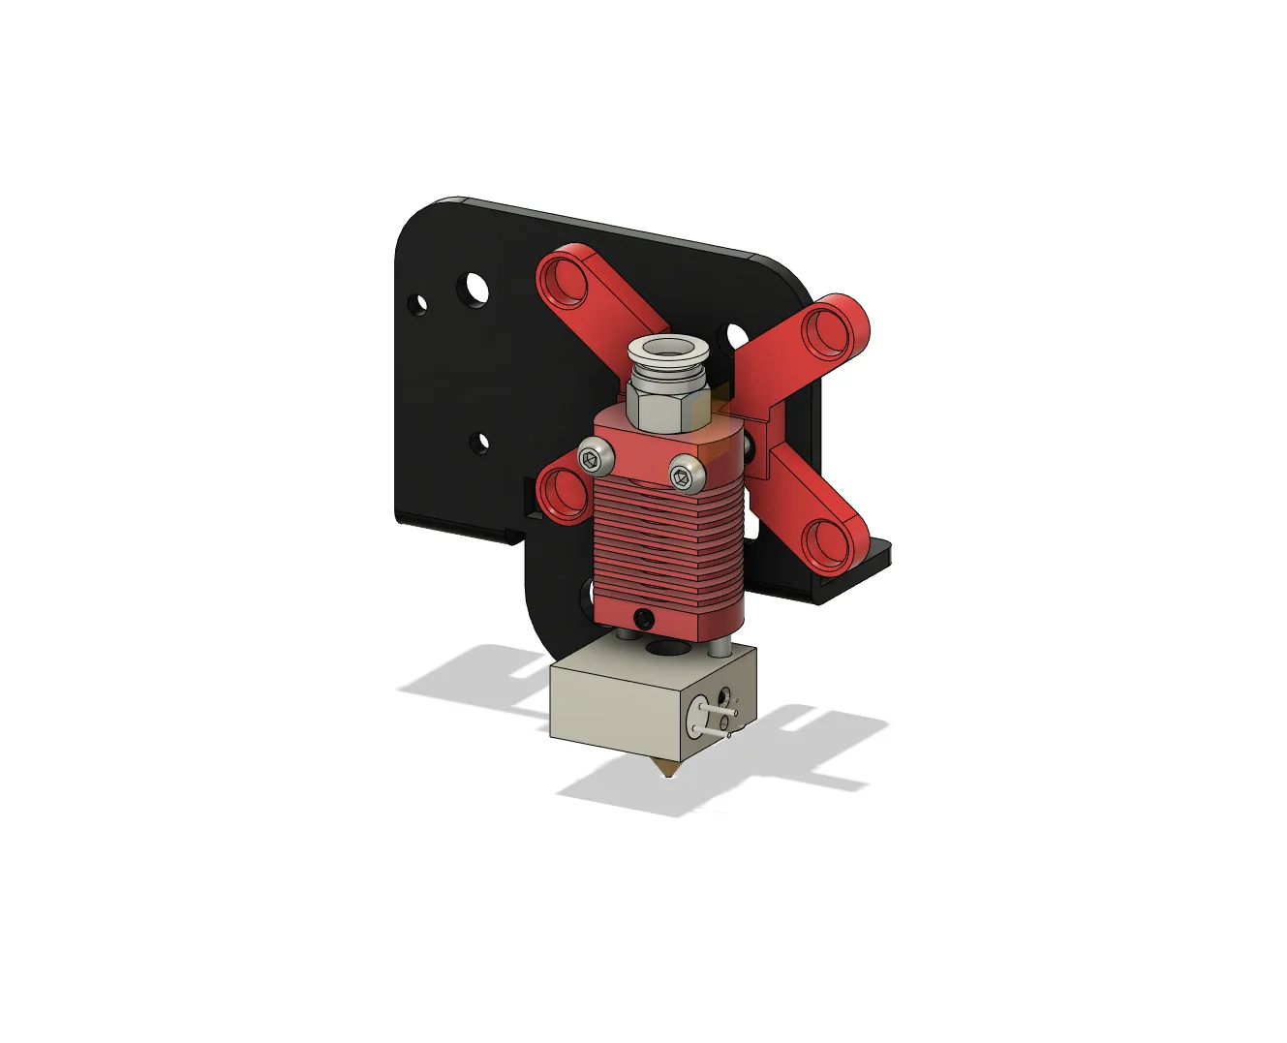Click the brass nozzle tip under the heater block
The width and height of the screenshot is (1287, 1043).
pos(666,769)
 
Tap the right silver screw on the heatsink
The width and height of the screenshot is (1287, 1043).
pos(684,475)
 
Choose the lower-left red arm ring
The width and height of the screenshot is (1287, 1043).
pos(560,492)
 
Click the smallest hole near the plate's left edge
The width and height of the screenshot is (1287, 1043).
pos(419,304)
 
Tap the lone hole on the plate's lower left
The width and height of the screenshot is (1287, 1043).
pos(480,443)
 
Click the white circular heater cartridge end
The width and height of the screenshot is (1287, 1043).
pos(699,718)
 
